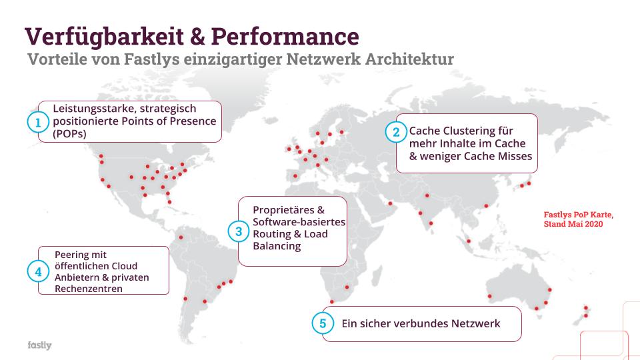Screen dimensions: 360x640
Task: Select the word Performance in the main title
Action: (287, 35)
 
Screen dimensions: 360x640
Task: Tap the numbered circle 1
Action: (38, 122)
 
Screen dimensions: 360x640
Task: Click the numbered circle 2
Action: (395, 132)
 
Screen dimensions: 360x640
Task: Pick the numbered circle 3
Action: (238, 232)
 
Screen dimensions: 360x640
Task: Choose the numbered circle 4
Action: (38, 271)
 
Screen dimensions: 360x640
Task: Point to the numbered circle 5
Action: (323, 324)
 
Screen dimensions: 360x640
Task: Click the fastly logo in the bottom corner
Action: (39, 345)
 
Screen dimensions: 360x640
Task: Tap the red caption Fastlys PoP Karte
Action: (578, 215)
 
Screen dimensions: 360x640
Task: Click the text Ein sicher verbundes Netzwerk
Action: (421, 324)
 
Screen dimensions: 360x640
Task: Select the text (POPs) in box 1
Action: (70, 133)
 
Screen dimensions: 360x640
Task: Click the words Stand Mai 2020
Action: (573, 225)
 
